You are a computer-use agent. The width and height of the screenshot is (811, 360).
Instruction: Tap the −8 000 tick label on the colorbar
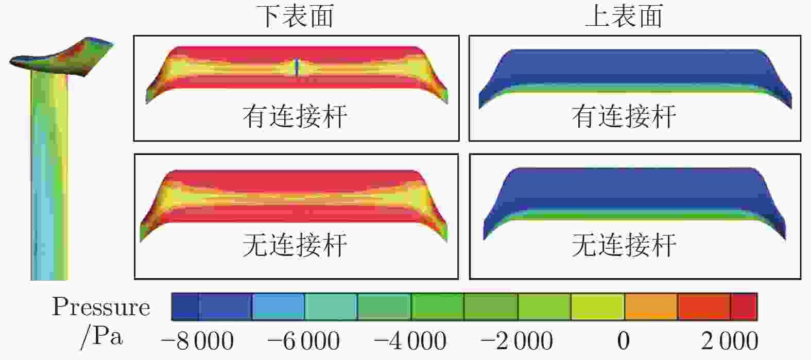tap(198, 341)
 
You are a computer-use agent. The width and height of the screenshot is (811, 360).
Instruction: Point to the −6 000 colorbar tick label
tap(304, 341)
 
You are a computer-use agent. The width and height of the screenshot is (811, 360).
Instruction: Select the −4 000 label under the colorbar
tap(410, 341)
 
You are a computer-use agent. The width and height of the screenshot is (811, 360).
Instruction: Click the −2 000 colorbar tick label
tap(517, 341)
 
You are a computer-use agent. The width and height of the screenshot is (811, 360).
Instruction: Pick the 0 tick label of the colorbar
tap(623, 341)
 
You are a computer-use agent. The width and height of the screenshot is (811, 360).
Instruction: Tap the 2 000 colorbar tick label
tap(730, 341)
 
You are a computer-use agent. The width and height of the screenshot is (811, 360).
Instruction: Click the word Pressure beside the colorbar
tap(101, 307)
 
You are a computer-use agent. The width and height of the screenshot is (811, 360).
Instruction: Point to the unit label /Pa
tap(101, 337)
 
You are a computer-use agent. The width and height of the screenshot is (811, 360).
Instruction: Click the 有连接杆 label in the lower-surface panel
tap(295, 116)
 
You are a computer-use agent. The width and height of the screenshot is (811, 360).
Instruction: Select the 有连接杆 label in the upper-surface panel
tap(624, 116)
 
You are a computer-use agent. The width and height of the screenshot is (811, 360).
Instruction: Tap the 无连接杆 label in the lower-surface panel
tap(295, 245)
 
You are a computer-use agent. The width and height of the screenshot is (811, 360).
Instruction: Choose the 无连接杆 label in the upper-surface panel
tap(624, 245)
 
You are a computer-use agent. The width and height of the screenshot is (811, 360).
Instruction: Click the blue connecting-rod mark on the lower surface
tap(297, 67)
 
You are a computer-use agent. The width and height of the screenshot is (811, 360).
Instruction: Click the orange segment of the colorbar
tap(651, 307)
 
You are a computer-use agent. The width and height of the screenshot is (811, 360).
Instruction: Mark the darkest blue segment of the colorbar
tap(185, 307)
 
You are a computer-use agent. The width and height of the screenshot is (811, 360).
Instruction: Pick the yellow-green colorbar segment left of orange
tap(597, 307)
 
